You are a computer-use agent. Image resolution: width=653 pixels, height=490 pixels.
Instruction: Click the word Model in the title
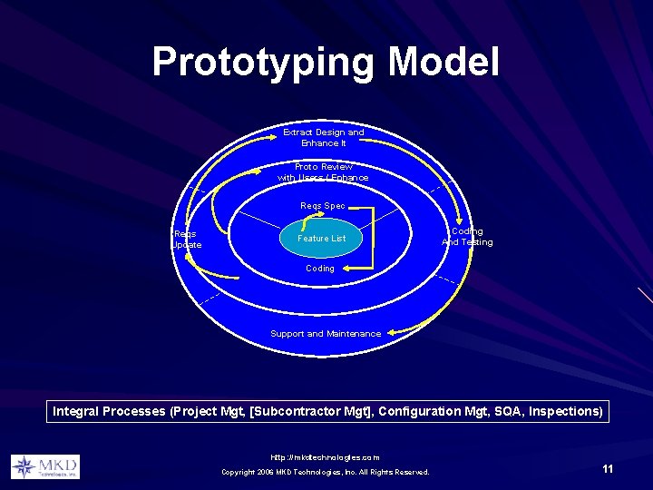point(443,63)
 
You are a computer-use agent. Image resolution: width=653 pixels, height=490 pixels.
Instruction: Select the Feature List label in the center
point(322,239)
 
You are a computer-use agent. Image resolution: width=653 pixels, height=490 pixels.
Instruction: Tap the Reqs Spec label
point(323,206)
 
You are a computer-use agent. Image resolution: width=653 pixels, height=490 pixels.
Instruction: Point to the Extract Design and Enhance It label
point(324,138)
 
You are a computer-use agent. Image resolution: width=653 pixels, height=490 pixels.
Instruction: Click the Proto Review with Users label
point(324,172)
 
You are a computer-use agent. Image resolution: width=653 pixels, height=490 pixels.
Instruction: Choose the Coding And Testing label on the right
point(467,237)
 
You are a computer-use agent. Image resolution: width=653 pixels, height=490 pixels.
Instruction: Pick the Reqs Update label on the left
point(187,240)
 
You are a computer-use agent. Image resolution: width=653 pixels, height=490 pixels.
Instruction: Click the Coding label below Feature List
point(319,269)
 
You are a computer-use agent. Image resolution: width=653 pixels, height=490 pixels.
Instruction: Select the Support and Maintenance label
point(326,334)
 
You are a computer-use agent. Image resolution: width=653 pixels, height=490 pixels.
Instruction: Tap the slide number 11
point(608,468)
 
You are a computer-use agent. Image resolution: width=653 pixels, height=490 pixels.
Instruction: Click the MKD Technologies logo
point(45,466)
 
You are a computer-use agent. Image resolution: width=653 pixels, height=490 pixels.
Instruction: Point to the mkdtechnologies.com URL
point(325,457)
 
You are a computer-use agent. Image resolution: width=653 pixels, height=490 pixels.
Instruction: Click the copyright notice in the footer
point(325,472)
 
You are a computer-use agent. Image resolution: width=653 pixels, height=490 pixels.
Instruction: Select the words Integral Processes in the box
point(109,412)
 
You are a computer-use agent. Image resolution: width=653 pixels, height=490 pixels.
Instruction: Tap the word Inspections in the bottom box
point(566,412)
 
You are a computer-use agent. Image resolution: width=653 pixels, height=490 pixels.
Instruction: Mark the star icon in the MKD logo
point(24,467)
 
